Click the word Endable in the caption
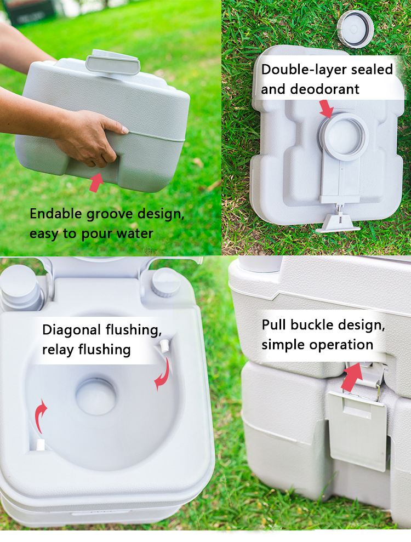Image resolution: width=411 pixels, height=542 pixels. click(x=56, y=214)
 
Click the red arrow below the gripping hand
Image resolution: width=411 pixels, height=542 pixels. click(x=96, y=182)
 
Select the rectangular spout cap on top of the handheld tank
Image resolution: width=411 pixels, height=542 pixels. click(x=113, y=62)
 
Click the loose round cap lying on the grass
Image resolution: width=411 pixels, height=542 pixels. click(x=355, y=29)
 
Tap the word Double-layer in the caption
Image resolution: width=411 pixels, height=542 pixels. click(x=304, y=70)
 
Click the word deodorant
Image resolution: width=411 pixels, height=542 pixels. click(x=324, y=89)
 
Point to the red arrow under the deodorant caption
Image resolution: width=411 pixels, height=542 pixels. click(x=326, y=109)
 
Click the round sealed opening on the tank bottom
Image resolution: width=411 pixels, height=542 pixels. click(x=343, y=136)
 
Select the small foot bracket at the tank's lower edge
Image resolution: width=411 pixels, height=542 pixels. click(x=338, y=221)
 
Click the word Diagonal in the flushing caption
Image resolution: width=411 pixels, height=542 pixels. click(x=72, y=330)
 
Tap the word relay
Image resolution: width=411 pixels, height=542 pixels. click(x=58, y=350)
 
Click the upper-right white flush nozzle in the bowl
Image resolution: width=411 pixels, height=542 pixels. click(x=164, y=345)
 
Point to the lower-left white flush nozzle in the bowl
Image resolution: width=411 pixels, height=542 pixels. click(x=41, y=444)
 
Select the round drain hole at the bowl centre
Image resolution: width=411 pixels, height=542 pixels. click(x=96, y=396)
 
